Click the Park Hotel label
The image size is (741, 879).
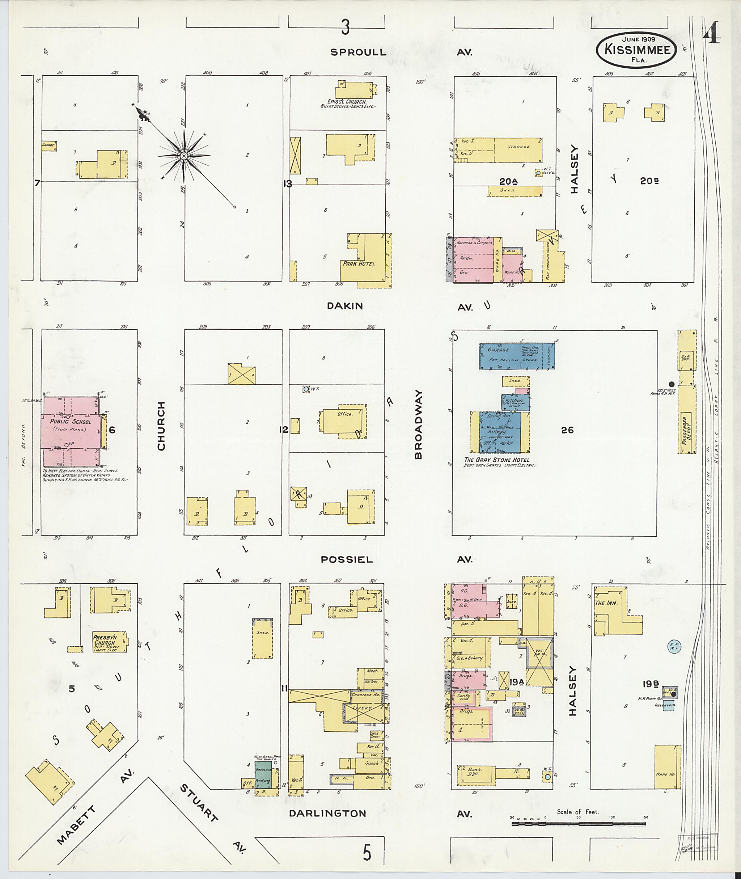[x=358, y=263]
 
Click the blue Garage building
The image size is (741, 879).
[x=517, y=356]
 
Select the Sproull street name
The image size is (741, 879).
[x=358, y=52]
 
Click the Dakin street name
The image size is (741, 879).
[x=344, y=306]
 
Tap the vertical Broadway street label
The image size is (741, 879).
[x=418, y=425]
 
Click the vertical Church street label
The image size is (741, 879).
[x=161, y=426]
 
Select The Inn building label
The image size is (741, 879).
[x=606, y=603]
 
